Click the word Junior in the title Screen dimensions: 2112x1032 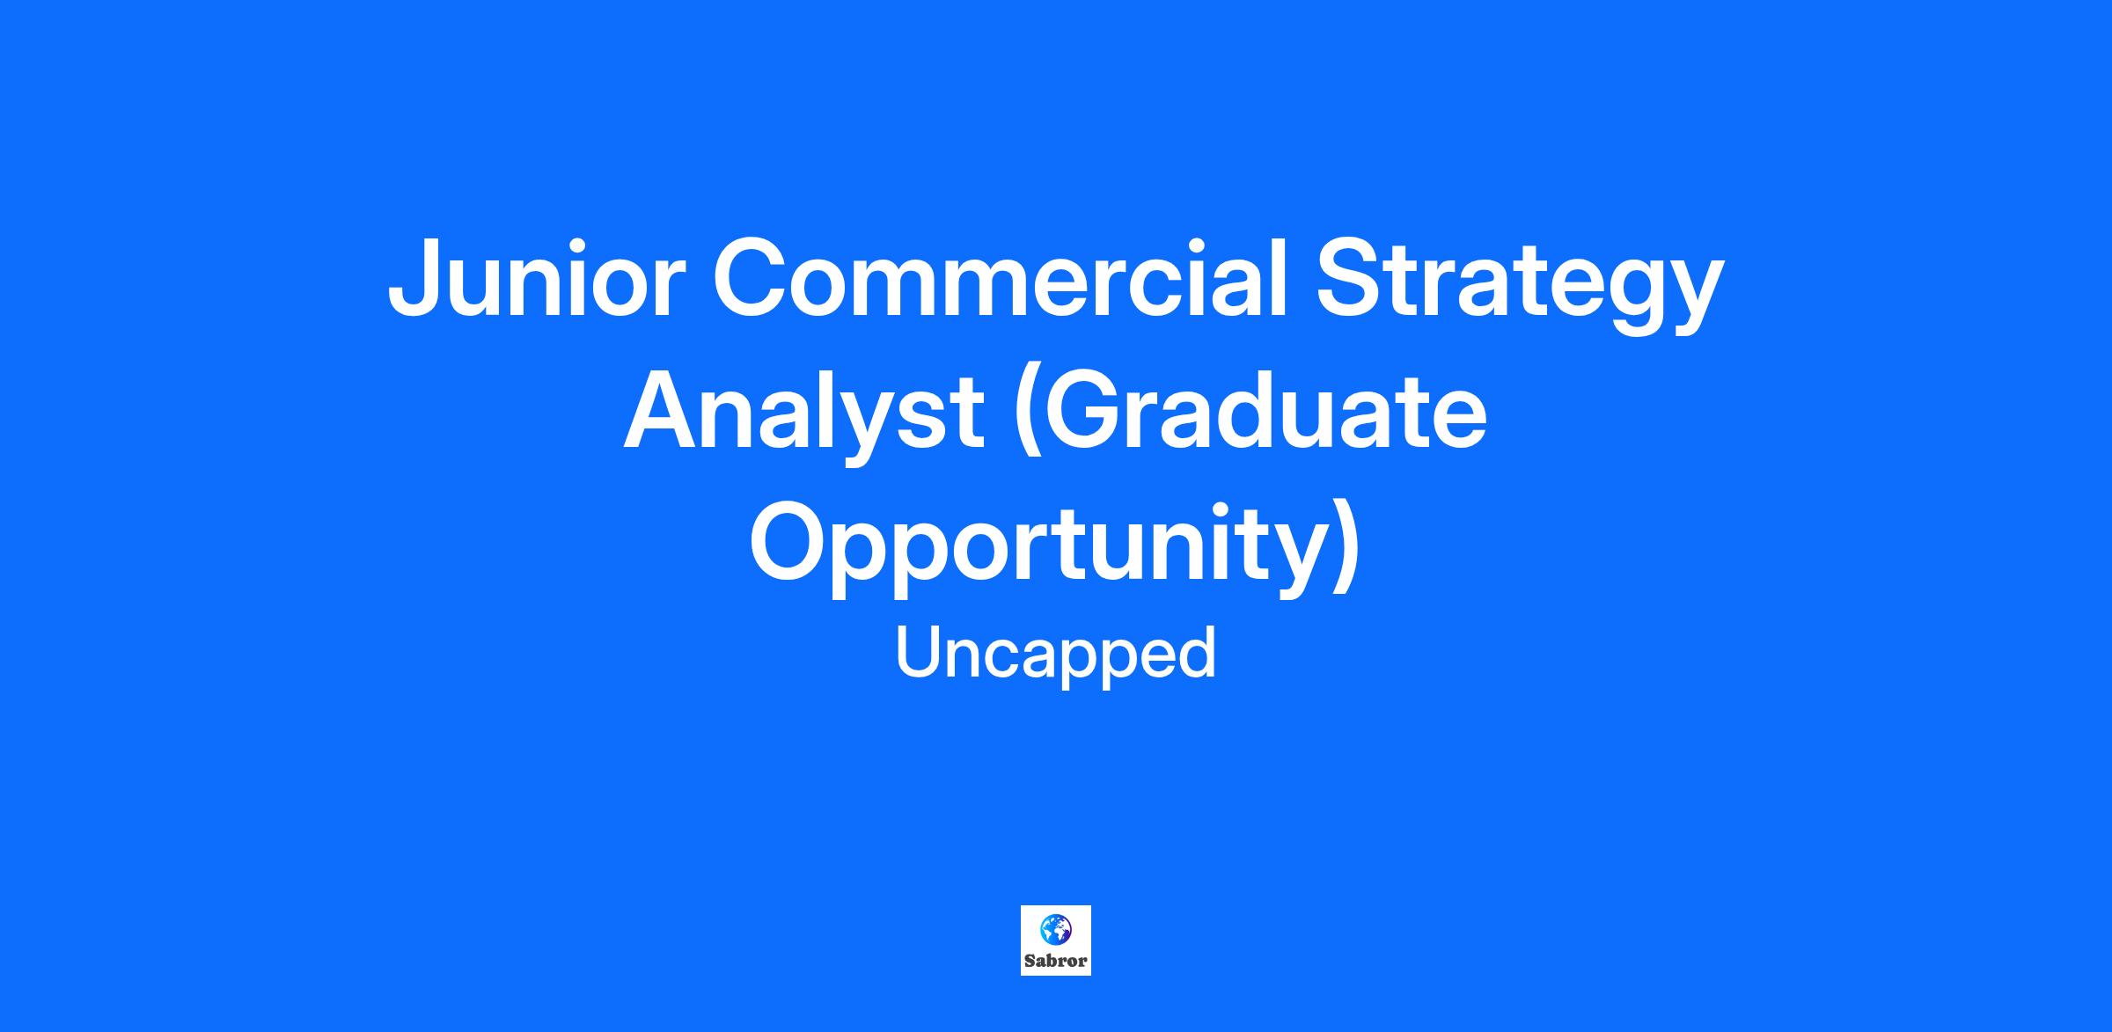(535, 278)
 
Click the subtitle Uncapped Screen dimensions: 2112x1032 (1056, 655)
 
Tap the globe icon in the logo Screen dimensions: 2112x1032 (1055, 928)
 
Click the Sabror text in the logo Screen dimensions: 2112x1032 (1056, 961)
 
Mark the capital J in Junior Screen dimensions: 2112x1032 (414, 278)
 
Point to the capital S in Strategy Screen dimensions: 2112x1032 (1352, 276)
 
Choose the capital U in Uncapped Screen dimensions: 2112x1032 (919, 652)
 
